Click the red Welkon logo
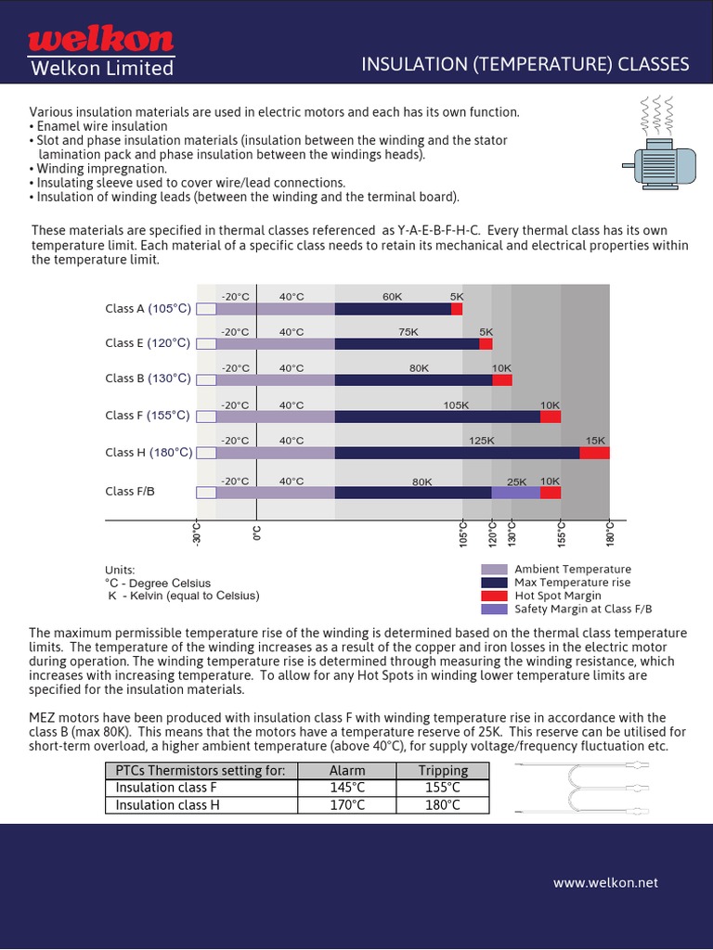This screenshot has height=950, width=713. tap(100, 39)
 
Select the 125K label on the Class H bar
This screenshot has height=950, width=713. tap(482, 441)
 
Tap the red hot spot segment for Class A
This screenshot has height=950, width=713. tap(457, 309)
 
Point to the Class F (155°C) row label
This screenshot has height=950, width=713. tap(148, 416)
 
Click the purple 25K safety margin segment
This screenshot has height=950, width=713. tap(515, 493)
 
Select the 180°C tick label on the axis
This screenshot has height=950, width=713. tap(610, 534)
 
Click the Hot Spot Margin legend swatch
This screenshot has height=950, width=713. tap(494, 596)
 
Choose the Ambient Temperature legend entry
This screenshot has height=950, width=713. tap(572, 570)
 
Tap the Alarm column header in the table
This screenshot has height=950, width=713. tap(347, 770)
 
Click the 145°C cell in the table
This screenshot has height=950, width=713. tap(347, 788)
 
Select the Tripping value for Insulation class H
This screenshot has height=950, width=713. tap(442, 805)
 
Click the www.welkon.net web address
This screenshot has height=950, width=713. tap(605, 882)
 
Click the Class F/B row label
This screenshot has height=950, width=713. tap(130, 492)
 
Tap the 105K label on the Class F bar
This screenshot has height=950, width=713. tap(456, 405)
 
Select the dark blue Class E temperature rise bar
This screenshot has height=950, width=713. tap(407, 343)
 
